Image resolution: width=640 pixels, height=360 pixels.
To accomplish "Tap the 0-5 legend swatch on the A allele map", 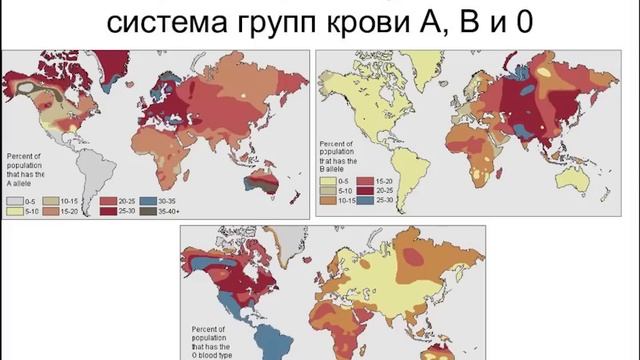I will click(x=15, y=200).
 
